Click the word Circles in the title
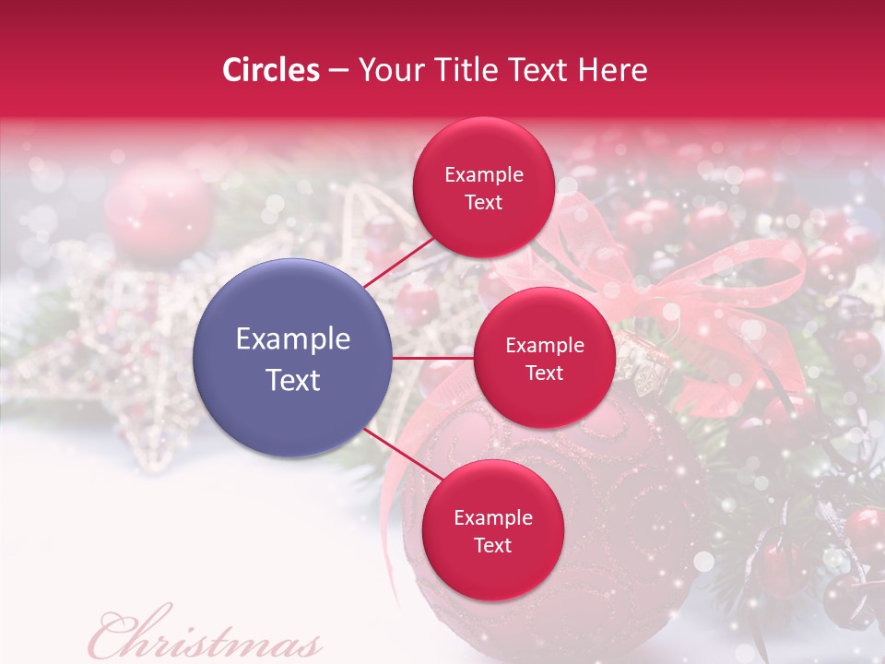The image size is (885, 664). pos(271,70)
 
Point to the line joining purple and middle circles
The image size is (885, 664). pos(433,358)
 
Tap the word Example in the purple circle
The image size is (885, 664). pos(293,339)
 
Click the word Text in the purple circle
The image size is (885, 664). pos(293,380)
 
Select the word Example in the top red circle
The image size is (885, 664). pos(483,175)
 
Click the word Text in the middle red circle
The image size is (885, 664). pos(544,373)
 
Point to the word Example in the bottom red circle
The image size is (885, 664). pos(492,518)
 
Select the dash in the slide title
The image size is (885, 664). pos(338,71)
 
